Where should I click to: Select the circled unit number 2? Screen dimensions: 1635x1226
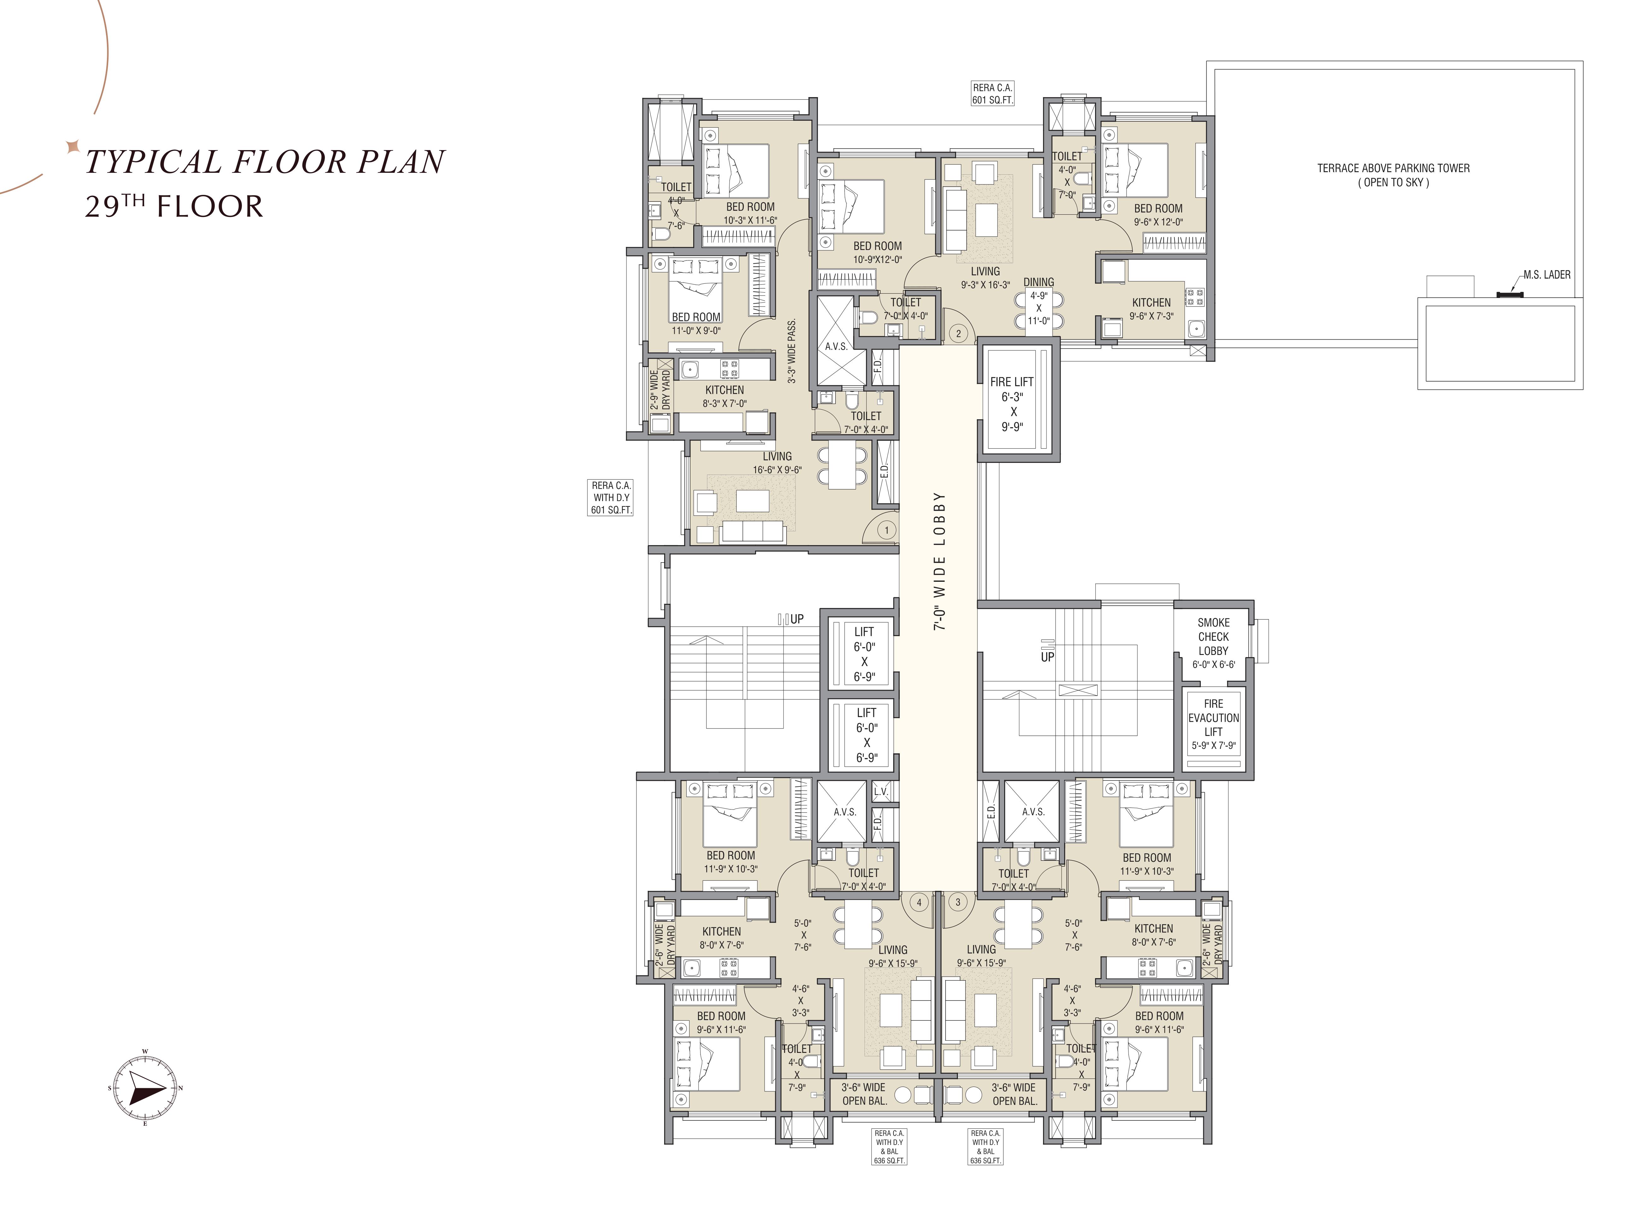[959, 333]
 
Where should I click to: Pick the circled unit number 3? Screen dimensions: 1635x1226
[958, 902]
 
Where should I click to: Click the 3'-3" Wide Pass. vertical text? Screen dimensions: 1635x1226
[792, 351]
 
